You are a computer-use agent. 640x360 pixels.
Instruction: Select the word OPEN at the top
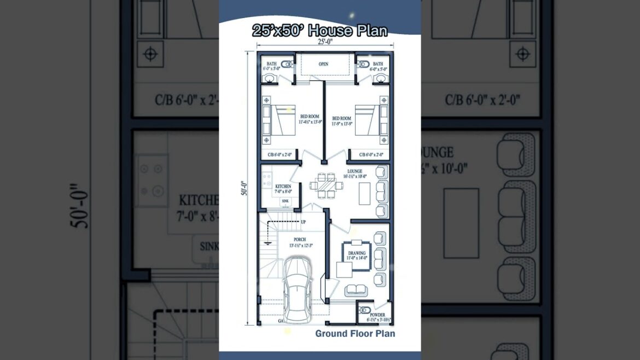pyautogui.click(x=324, y=64)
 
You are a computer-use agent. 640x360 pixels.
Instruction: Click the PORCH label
pyautogui.click(x=300, y=239)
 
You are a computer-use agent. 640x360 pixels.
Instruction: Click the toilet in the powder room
pyautogui.click(x=365, y=311)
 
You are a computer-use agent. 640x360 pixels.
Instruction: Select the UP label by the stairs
pyautogui.click(x=304, y=222)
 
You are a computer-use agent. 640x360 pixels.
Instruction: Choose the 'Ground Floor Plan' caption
pyautogui.click(x=354, y=333)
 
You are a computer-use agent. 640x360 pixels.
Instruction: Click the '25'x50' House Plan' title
pyautogui.click(x=319, y=31)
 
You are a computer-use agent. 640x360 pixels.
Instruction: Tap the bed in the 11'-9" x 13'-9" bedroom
pyautogui.click(x=364, y=119)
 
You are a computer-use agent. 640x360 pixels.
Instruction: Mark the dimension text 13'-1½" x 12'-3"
pyautogui.click(x=300, y=245)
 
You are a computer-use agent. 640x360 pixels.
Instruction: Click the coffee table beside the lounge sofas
pyautogui.click(x=365, y=193)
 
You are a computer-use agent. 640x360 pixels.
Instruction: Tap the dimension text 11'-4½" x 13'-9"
pyautogui.click(x=310, y=123)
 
